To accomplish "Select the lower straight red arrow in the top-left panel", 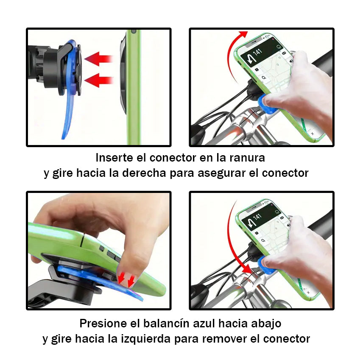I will pyautogui.click(x=99, y=80).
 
